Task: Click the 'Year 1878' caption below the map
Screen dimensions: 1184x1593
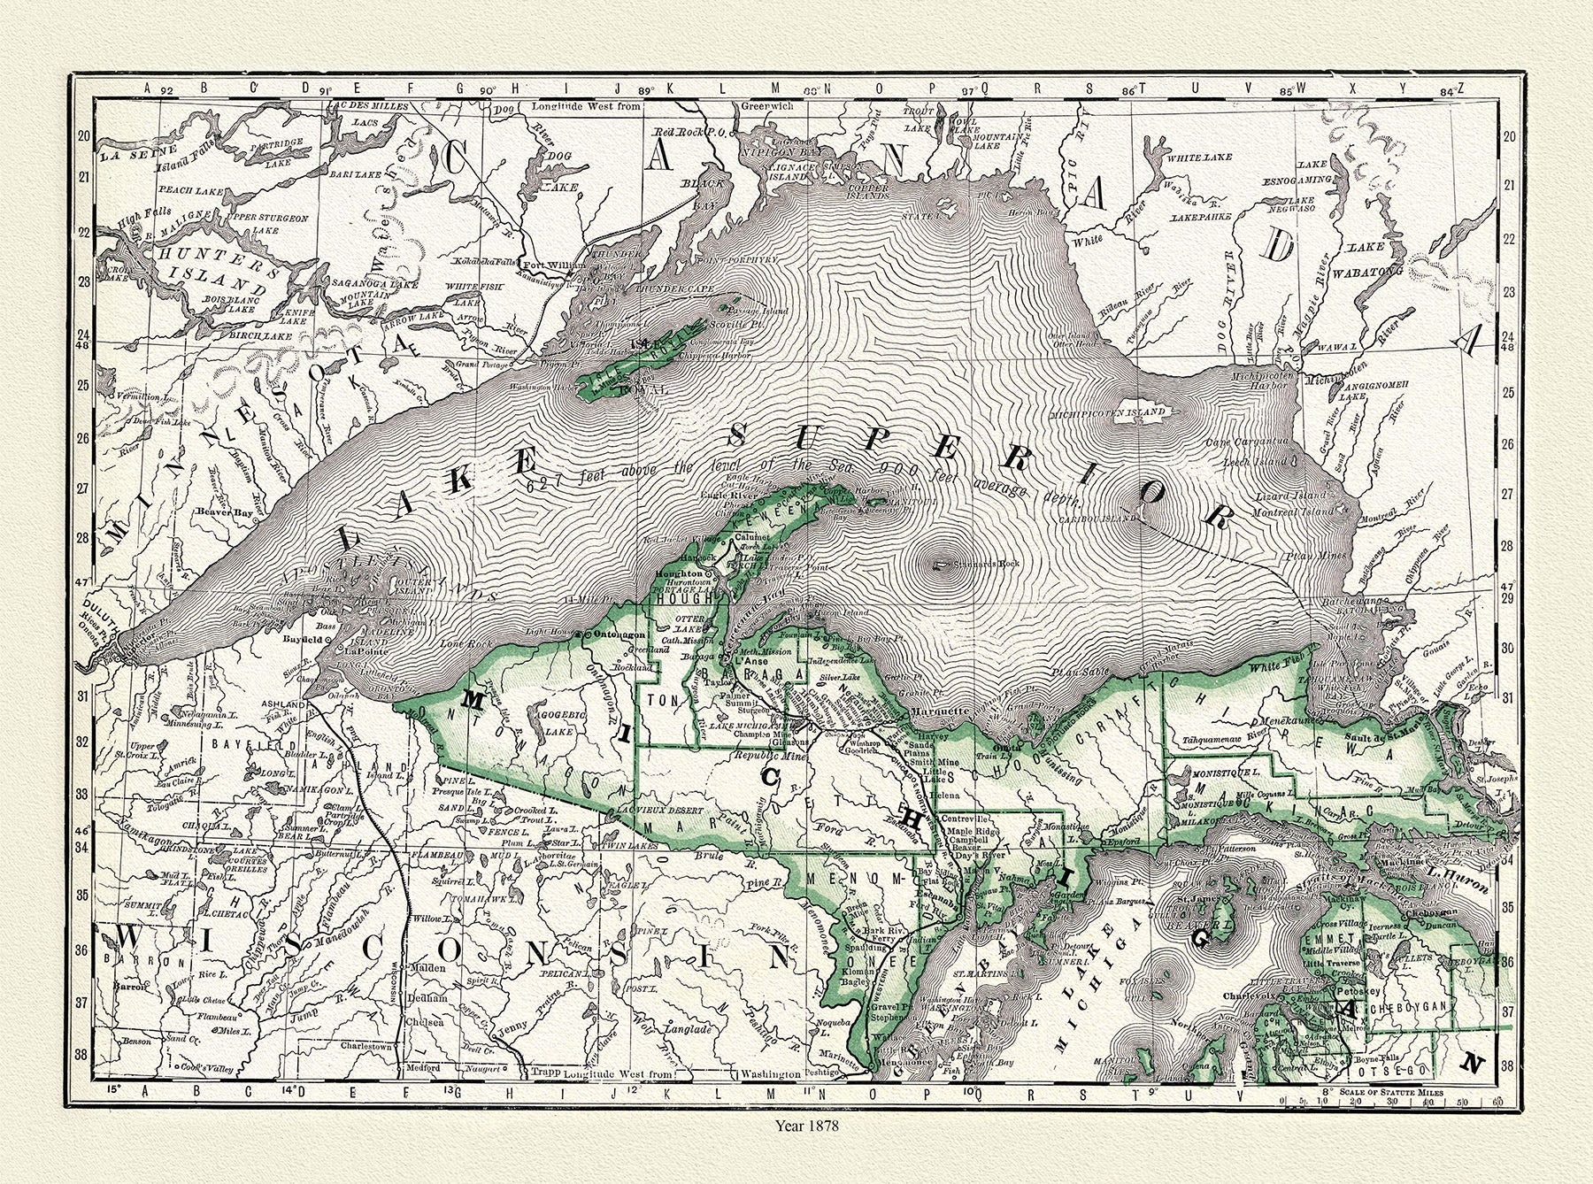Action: tap(800, 1127)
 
